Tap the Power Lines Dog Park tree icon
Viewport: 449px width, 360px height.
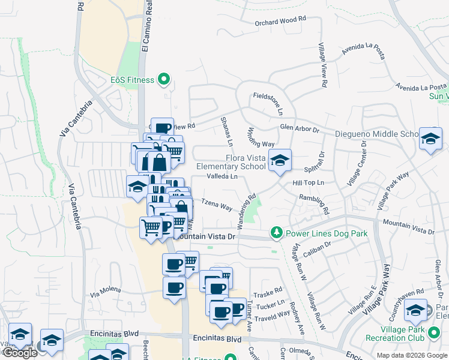tap(276, 232)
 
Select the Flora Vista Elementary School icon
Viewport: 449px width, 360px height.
tap(279, 160)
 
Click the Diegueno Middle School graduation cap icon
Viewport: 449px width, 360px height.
tap(430, 139)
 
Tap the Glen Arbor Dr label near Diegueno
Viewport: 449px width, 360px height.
tap(299, 127)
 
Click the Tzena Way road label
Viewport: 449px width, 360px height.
tap(217, 205)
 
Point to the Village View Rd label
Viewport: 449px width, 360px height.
tap(323, 66)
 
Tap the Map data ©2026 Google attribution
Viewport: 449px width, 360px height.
tap(411, 355)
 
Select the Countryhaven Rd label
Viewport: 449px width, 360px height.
tap(407, 296)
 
